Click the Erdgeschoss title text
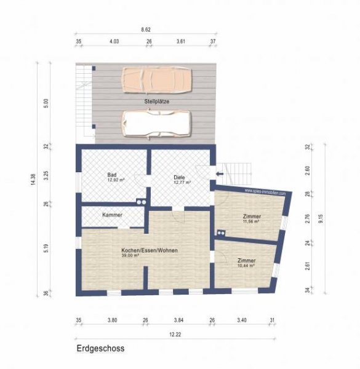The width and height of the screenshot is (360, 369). pyautogui.click(x=100, y=348)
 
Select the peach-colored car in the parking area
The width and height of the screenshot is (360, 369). pyautogui.click(x=157, y=79)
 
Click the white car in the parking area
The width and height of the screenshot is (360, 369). pyautogui.click(x=157, y=122)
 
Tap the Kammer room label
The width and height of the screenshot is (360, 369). pyautogui.click(x=113, y=215)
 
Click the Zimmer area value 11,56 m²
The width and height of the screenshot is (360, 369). pyautogui.click(x=250, y=221)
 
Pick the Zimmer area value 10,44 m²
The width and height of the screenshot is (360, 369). pyautogui.click(x=246, y=266)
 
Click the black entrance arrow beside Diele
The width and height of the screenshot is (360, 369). pyautogui.click(x=219, y=174)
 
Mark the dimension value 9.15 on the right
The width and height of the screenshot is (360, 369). pyautogui.click(x=321, y=218)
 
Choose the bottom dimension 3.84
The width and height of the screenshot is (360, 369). pyautogui.click(x=179, y=320)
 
